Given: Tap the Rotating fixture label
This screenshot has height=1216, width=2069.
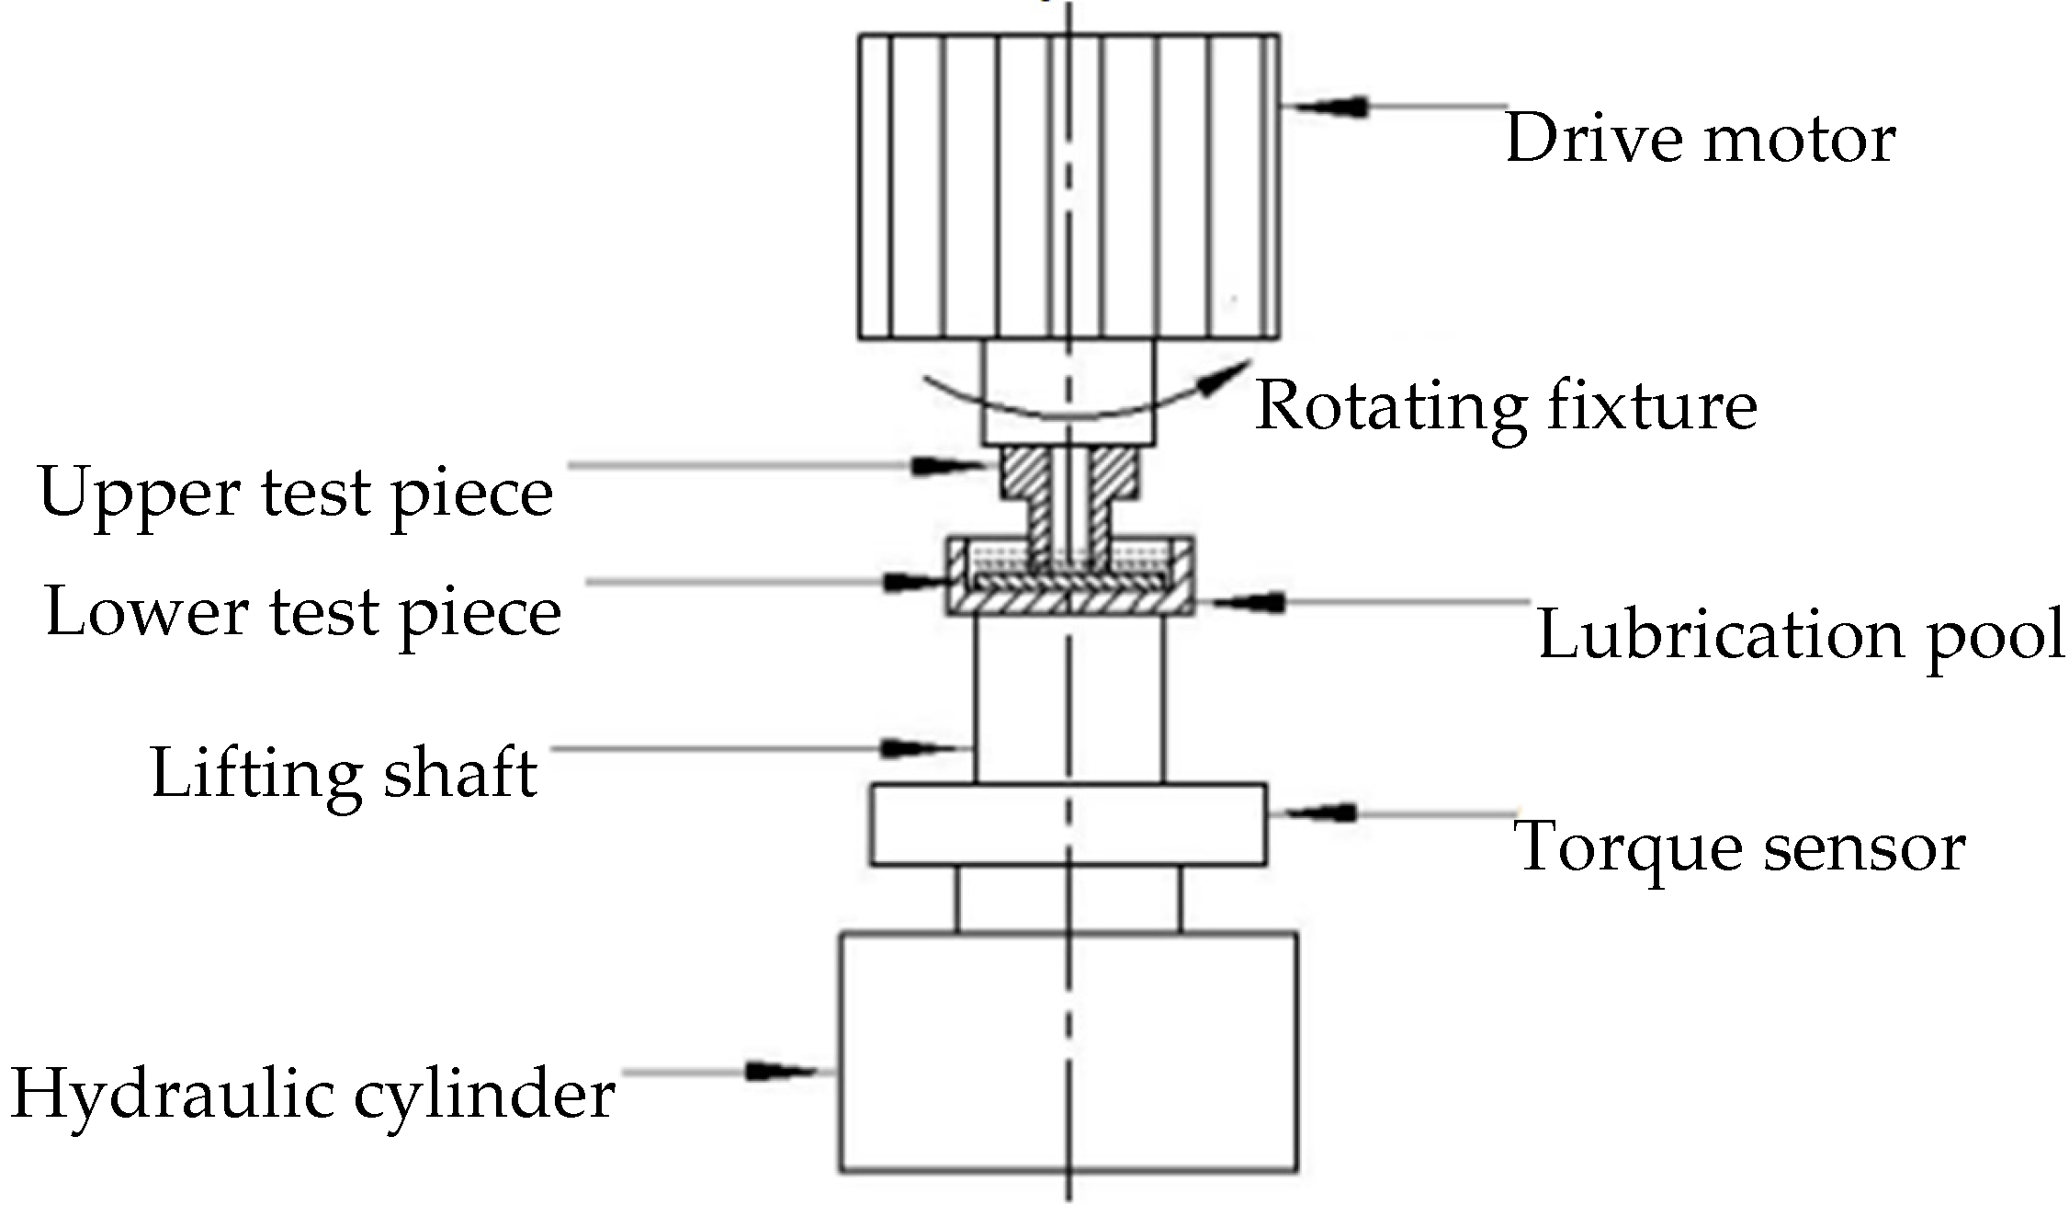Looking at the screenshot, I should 1506,405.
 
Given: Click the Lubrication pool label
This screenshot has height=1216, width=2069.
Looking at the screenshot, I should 1801,635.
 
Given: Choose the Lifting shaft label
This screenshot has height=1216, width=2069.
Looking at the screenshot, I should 344,773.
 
